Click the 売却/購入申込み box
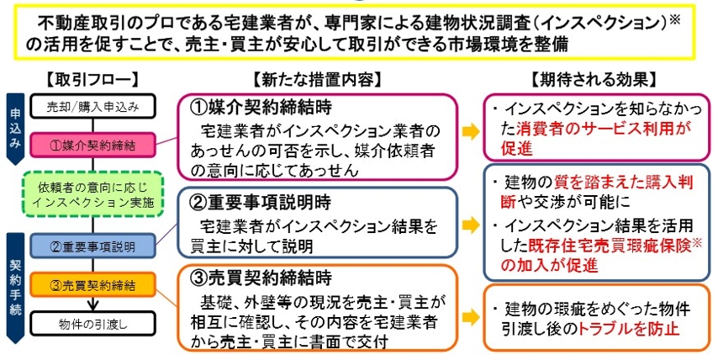click(x=93, y=107)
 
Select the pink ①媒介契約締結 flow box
click(x=93, y=146)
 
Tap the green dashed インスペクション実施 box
click(x=93, y=194)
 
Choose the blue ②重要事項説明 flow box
click(x=93, y=246)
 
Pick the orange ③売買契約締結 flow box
click(x=93, y=284)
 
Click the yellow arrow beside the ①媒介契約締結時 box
click(x=471, y=132)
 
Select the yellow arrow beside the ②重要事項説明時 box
click(x=471, y=225)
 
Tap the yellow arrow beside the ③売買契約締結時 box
click(x=471, y=318)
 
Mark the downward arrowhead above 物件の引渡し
click(x=93, y=304)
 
